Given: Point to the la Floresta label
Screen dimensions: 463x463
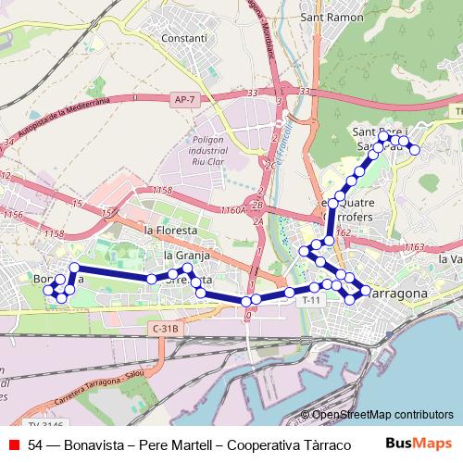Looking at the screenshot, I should click(171, 229).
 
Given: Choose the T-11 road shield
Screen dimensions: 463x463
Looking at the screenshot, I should click(314, 300).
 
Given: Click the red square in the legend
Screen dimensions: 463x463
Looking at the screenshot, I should click(13, 444).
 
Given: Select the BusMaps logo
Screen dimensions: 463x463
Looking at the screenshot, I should click(419, 444).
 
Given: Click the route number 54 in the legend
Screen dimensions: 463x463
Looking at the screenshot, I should click(36, 444).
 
